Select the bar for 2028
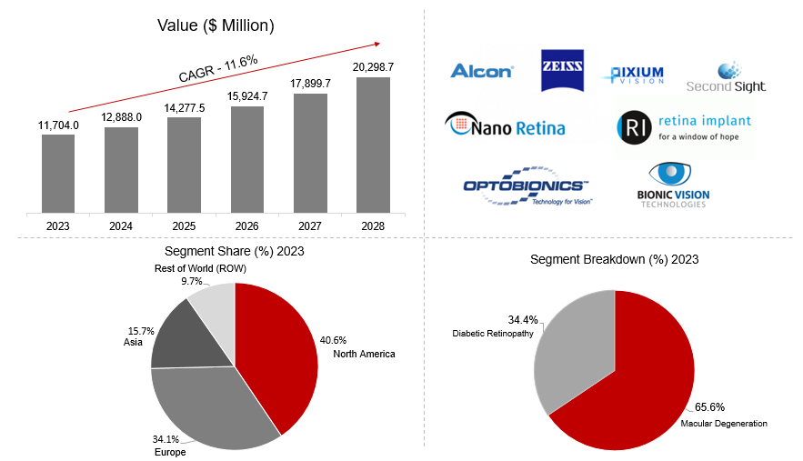[373, 145]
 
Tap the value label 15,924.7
[247, 95]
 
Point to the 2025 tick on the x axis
[184, 225]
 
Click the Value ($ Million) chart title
[216, 25]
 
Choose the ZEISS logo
[563, 70]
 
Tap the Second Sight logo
[726, 77]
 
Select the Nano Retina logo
[505, 125]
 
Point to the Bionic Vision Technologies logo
[673, 186]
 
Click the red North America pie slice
[277, 355]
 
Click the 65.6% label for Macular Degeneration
[709, 407]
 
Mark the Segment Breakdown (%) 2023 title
[614, 260]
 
